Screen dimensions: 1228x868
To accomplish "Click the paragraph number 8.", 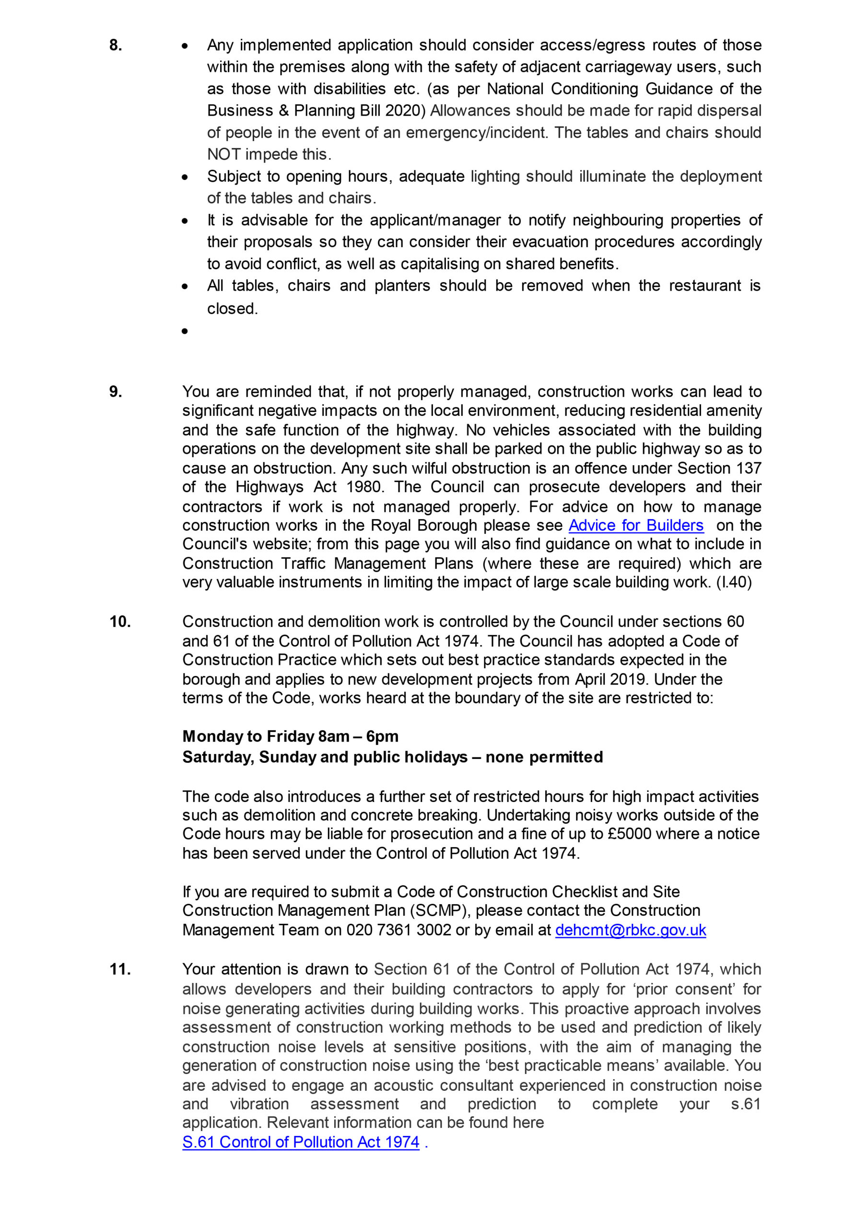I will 116,45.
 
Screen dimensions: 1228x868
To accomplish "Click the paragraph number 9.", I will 116,391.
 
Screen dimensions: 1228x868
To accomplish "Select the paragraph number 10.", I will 120,622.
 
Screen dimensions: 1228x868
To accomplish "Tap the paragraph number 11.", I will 120,969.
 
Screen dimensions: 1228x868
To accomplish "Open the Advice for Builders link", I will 635,525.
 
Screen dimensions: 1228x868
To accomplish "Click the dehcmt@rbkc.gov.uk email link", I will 631,930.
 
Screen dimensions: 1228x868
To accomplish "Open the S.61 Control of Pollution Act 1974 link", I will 301,1142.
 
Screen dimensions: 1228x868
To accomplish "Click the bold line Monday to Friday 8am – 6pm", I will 291,736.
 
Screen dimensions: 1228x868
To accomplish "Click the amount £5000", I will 630,834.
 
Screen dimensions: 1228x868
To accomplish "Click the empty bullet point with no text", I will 185,331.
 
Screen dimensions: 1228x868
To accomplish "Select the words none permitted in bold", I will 544,757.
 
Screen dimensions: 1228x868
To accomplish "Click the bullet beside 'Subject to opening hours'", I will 185,177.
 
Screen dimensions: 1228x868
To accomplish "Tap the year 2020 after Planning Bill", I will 402,111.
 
